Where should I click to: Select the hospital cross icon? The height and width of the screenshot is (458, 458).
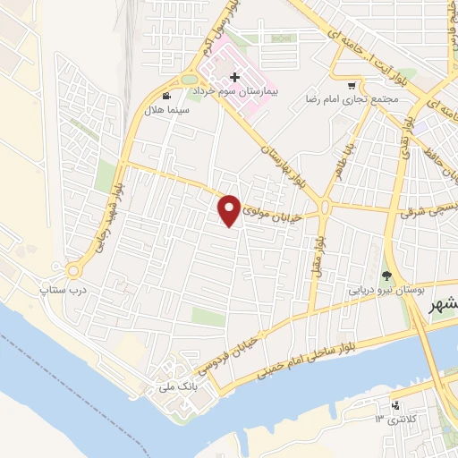pyautogui.click(x=234, y=79)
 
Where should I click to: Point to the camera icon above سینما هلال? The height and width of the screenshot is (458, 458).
pyautogui.click(x=165, y=96)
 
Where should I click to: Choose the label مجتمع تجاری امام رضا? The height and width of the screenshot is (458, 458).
pyautogui.click(x=338, y=98)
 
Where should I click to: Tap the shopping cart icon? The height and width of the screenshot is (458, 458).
pyautogui.click(x=352, y=86)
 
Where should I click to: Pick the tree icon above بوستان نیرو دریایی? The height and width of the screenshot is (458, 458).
pyautogui.click(x=386, y=276)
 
